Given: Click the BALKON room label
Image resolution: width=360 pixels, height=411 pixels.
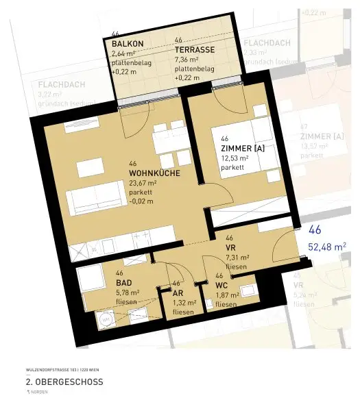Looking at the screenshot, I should click(127, 42).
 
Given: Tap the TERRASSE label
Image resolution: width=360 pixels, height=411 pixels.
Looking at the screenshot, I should click(195, 50).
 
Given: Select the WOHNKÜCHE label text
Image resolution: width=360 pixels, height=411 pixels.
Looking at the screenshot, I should click(154, 173).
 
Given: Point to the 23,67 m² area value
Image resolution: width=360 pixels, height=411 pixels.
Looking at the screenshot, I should click(143, 183).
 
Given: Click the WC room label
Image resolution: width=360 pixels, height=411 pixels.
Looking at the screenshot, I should click(222, 284).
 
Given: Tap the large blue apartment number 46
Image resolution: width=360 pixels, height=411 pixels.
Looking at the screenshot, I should click(315, 230).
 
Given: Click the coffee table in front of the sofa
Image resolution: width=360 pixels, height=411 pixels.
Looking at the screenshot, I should click(90, 169).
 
